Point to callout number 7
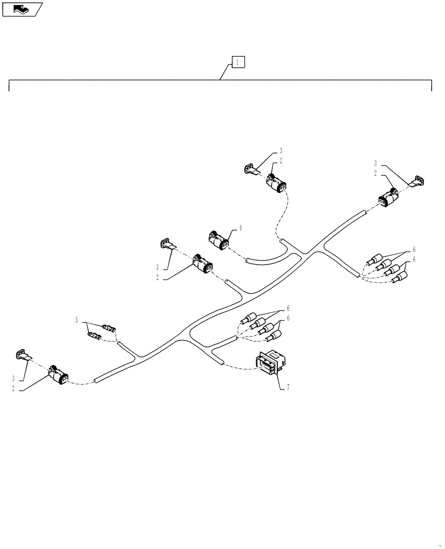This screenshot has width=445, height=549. pyautogui.click(x=286, y=387)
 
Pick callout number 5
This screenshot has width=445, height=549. pyautogui.click(x=77, y=320)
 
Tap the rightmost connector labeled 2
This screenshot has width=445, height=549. pyautogui.click(x=388, y=199)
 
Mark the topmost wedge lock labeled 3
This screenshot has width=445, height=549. pyautogui.click(x=250, y=169)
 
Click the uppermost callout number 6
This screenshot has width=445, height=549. pyautogui.click(x=414, y=249)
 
